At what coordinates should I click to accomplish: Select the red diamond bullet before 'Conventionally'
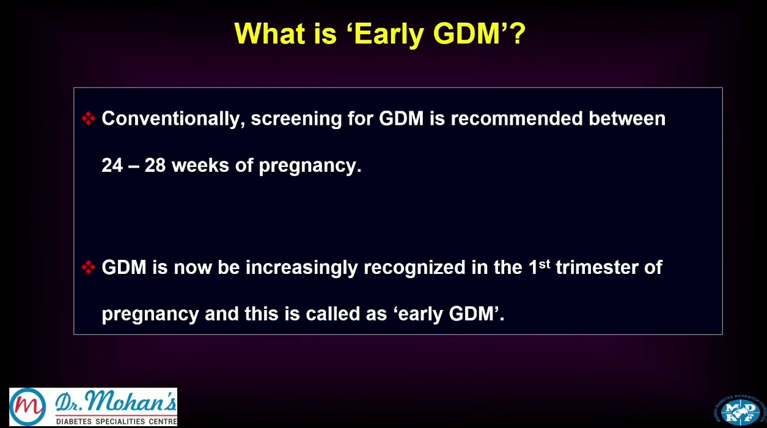click(89, 118)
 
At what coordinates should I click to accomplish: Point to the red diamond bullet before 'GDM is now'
click(89, 267)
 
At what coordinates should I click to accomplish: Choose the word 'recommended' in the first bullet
click(516, 119)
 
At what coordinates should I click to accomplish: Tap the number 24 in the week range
click(112, 165)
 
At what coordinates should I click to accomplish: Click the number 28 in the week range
click(155, 165)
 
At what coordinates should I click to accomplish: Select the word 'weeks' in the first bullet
click(200, 165)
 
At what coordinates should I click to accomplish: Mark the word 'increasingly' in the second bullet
click(302, 268)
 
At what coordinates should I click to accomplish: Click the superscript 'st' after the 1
click(545, 264)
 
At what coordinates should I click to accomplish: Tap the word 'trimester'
click(597, 267)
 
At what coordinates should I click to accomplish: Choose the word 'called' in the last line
click(333, 314)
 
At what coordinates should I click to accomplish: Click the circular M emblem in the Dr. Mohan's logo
click(28, 407)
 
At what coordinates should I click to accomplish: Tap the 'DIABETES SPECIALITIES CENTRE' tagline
click(116, 421)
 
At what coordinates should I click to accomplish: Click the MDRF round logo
click(740, 411)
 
